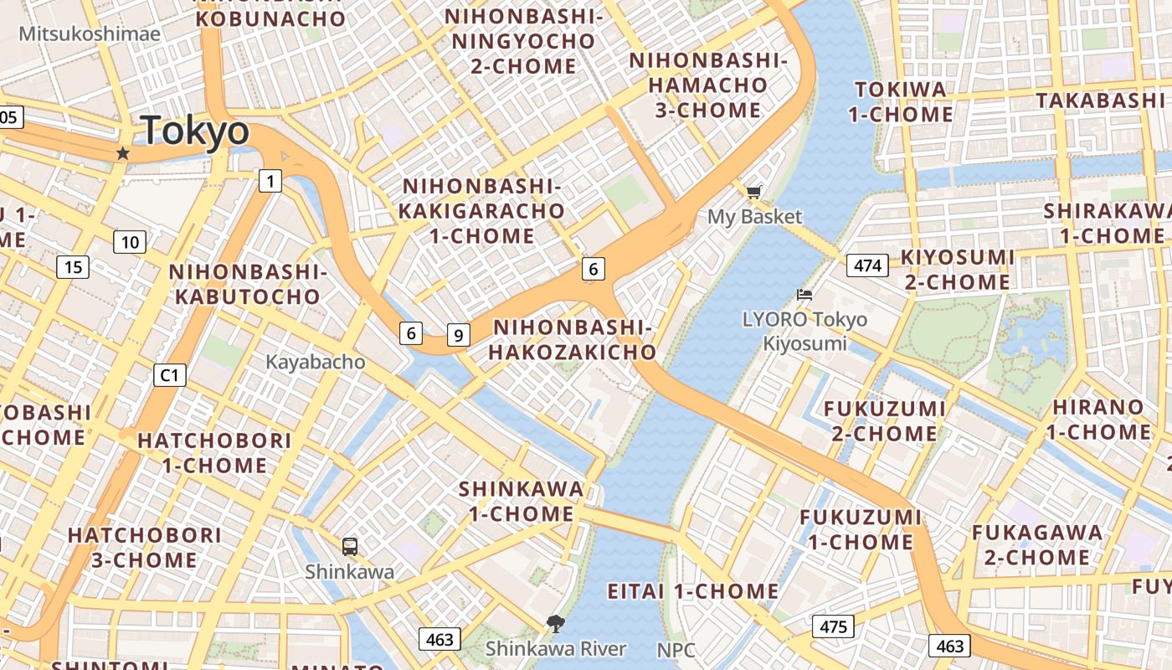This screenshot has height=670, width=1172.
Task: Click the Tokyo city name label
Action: tap(195, 131)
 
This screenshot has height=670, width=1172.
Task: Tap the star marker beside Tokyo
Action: tap(123, 153)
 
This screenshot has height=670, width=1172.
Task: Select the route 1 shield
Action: tap(270, 180)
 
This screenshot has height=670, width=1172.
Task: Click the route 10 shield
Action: tap(130, 243)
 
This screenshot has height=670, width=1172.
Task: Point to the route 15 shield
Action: tap(73, 267)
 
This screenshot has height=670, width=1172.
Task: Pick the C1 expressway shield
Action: tap(169, 375)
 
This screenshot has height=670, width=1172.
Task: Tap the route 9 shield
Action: tap(458, 335)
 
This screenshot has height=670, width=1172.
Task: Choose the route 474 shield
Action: tap(867, 265)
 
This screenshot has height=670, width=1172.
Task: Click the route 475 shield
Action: tap(833, 626)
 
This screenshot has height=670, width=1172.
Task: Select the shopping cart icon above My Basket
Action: tap(754, 193)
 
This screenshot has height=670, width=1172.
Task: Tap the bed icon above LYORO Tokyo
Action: tap(804, 295)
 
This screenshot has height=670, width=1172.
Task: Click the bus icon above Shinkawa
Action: tap(350, 547)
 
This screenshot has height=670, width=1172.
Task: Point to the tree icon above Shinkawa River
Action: tap(554, 624)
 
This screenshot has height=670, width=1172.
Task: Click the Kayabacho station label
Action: tap(316, 362)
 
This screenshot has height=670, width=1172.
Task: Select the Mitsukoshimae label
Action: tap(90, 33)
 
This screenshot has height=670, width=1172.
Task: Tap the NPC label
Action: tap(676, 650)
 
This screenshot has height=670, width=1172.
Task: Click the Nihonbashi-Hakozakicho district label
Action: tap(573, 340)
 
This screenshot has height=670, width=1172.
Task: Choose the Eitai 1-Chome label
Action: tap(693, 591)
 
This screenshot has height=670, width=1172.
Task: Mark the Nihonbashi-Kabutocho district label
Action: tap(245, 284)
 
